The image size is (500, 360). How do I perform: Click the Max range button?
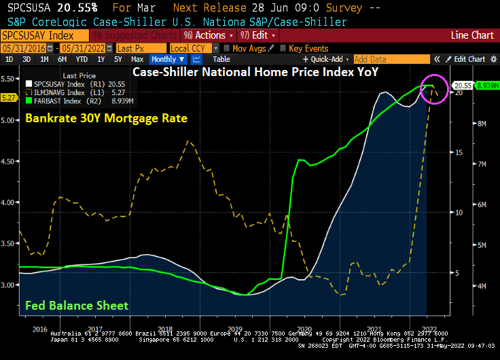pyautogui.click(x=137, y=59)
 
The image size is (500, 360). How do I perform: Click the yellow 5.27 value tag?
pyautogui.click(x=10, y=98)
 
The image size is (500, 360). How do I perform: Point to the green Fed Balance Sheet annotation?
pyautogui.click(x=76, y=306)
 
